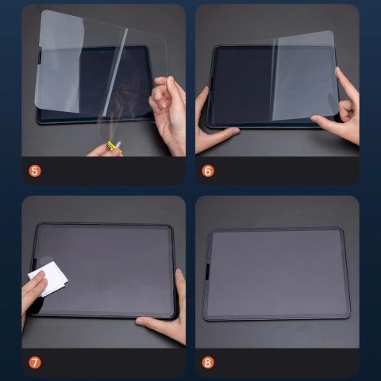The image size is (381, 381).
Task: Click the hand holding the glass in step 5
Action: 168,103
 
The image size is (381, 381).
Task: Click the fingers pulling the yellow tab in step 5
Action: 103,149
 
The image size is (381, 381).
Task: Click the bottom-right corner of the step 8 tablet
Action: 348,317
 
